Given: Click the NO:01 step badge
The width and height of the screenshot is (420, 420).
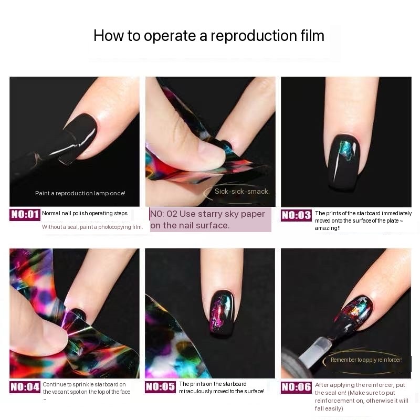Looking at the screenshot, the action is pyautogui.click(x=25, y=215).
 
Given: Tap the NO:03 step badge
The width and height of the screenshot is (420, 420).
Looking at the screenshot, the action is pyautogui.click(x=296, y=215).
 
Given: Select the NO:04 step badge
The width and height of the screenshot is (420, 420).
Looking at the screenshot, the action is pyautogui.click(x=25, y=387).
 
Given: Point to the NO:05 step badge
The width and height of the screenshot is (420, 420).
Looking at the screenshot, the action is pyautogui.click(x=161, y=387).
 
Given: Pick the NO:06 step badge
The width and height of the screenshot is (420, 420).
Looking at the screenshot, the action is pyautogui.click(x=296, y=387).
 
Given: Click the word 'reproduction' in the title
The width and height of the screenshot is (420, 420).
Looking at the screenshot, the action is pyautogui.click(x=253, y=36).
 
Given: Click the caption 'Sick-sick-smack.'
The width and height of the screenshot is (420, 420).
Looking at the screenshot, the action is pyautogui.click(x=242, y=191).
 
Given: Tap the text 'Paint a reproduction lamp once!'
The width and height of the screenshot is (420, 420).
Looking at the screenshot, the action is pyautogui.click(x=80, y=193).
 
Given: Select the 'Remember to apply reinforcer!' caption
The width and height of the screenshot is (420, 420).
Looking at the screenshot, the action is pyautogui.click(x=366, y=360).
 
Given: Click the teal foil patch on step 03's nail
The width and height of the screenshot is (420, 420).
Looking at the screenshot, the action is pyautogui.click(x=345, y=150).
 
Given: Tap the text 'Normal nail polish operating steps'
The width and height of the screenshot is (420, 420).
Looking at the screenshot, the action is pyautogui.click(x=85, y=214).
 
